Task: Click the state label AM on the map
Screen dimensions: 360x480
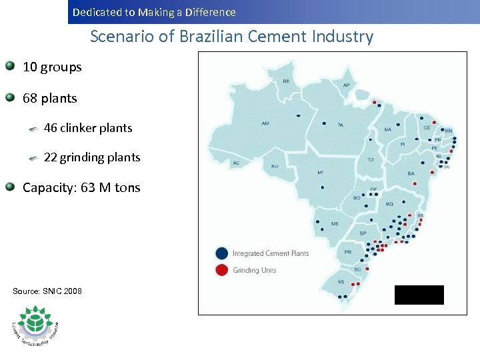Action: coord(265,123)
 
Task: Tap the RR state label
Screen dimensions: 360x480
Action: coord(286,81)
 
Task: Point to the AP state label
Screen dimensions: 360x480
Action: coord(346,85)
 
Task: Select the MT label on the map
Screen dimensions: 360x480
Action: coord(320,173)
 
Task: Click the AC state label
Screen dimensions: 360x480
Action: coord(236,163)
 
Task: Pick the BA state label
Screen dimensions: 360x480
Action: coord(411,173)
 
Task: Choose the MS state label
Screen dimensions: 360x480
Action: coord(335,223)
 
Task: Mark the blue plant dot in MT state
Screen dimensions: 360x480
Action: coord(322,187)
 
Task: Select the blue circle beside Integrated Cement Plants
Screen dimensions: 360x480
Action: coord(221,253)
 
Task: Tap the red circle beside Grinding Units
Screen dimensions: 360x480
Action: coord(221,270)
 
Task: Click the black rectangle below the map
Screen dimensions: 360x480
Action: coord(419,295)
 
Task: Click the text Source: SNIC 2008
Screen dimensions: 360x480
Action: coord(47,291)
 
